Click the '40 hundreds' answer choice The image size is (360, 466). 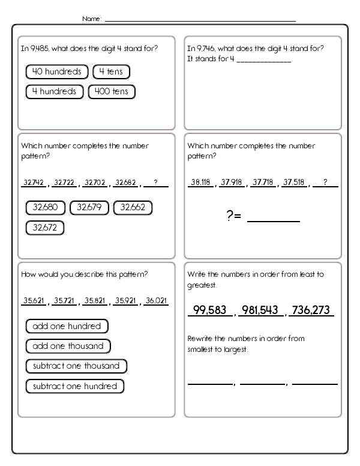point(56,72)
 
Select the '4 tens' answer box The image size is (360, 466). point(111,72)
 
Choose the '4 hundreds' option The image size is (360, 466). point(54,92)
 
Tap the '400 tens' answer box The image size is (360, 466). point(112,92)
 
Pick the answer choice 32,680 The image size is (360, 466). point(46,208)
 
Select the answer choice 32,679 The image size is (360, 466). point(89,208)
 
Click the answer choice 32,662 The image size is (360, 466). point(133,208)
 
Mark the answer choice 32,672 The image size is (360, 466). point(45,228)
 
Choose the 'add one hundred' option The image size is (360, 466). point(67,326)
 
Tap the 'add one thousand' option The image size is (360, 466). point(68,346)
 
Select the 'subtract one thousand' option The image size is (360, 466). point(76,366)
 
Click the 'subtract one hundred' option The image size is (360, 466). point(74,386)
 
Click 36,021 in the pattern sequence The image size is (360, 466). point(157,301)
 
